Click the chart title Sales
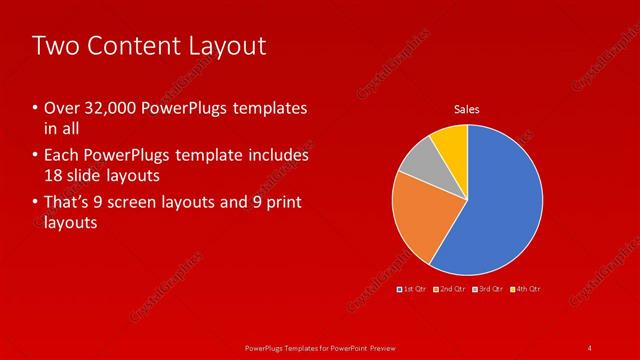467,108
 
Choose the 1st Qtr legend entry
413,289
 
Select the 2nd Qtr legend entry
451,289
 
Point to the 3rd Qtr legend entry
488,289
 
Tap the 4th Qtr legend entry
525,289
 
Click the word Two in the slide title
55,46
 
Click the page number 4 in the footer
591,347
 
